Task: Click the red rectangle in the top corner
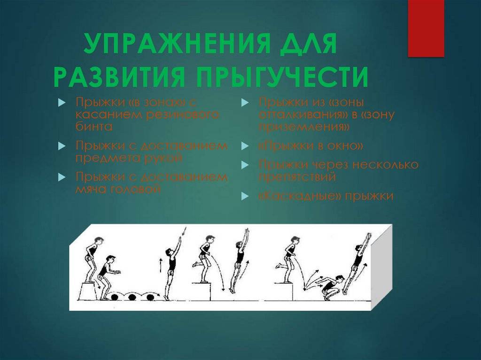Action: [426, 28]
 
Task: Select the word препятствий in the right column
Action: [297, 177]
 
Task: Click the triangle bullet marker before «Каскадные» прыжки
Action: [245, 197]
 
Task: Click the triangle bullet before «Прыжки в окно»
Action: [245, 147]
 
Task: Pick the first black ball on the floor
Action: [115, 297]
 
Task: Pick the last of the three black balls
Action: [150, 297]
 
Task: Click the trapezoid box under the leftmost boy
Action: [88, 291]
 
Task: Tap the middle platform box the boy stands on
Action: [202, 291]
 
